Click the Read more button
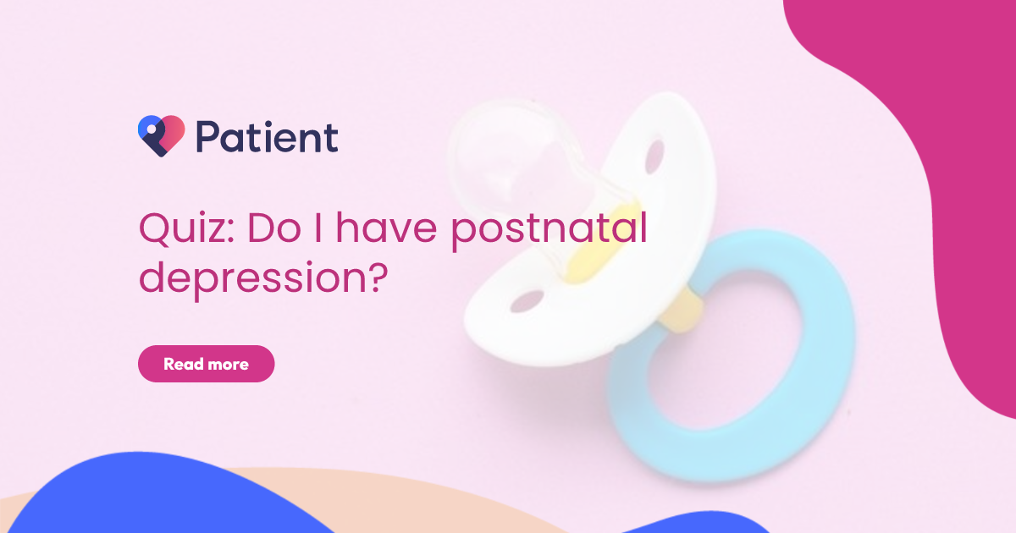(206, 364)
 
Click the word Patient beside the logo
(268, 137)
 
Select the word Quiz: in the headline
(186, 229)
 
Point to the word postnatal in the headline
(549, 230)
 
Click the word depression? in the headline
(263, 278)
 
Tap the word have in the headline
(386, 228)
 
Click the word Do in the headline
(274, 228)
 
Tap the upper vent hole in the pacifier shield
(654, 157)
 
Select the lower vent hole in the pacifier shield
(527, 301)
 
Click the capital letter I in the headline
(318, 228)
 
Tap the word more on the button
(228, 365)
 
